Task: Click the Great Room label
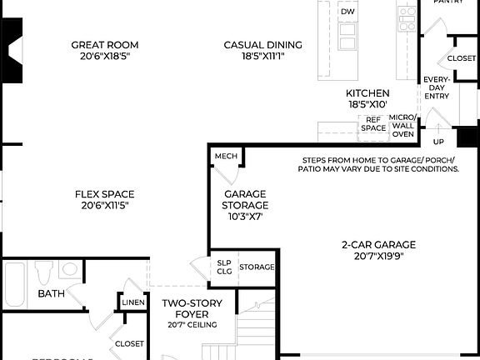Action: (x=104, y=45)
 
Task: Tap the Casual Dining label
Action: (x=262, y=45)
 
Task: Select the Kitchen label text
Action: (x=367, y=93)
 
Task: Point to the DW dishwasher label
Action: (x=347, y=12)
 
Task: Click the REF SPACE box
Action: (x=373, y=123)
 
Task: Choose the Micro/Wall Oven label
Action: (x=402, y=126)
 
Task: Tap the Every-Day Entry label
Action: (x=436, y=87)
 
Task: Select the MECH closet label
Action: (x=225, y=157)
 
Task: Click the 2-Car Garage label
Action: (x=377, y=245)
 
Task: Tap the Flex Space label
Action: (x=104, y=194)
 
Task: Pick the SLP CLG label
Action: (x=223, y=267)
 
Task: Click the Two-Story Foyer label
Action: (x=191, y=308)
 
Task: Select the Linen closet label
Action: (x=134, y=302)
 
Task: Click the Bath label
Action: (x=51, y=293)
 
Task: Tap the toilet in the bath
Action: (x=44, y=272)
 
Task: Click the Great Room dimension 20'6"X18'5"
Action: (x=104, y=56)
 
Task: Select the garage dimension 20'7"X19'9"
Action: (x=377, y=256)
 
